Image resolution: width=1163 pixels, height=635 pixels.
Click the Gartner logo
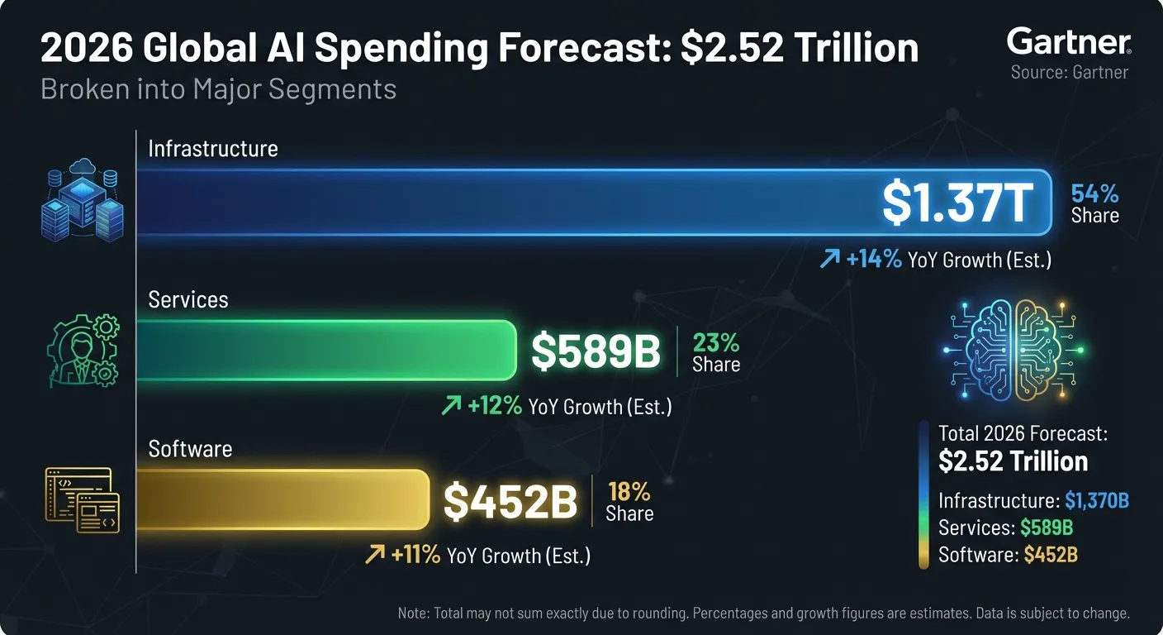pyautogui.click(x=1069, y=41)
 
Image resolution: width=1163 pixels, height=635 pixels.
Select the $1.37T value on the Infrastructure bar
pyautogui.click(x=957, y=202)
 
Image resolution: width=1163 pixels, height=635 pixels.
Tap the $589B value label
pyautogui.click(x=596, y=351)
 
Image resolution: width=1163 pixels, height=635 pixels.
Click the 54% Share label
pyautogui.click(x=1094, y=204)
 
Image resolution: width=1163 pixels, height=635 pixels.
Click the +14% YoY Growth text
pyautogui.click(x=947, y=260)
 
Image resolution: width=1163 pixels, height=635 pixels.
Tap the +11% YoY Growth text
pyautogui.click(x=491, y=555)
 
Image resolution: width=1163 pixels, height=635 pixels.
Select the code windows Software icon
pyautogui.click(x=81, y=499)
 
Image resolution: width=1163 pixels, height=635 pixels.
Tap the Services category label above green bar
pyautogui.click(x=188, y=299)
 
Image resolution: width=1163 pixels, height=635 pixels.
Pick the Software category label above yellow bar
pyautogui.click(x=190, y=449)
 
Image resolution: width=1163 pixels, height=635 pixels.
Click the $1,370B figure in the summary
pyautogui.click(x=1096, y=500)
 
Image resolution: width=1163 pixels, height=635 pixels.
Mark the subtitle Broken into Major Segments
pyautogui.click(x=218, y=88)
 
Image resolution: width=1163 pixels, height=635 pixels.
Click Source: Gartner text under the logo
pyautogui.click(x=1069, y=72)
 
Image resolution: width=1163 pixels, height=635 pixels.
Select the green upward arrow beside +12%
pyautogui.click(x=451, y=405)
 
